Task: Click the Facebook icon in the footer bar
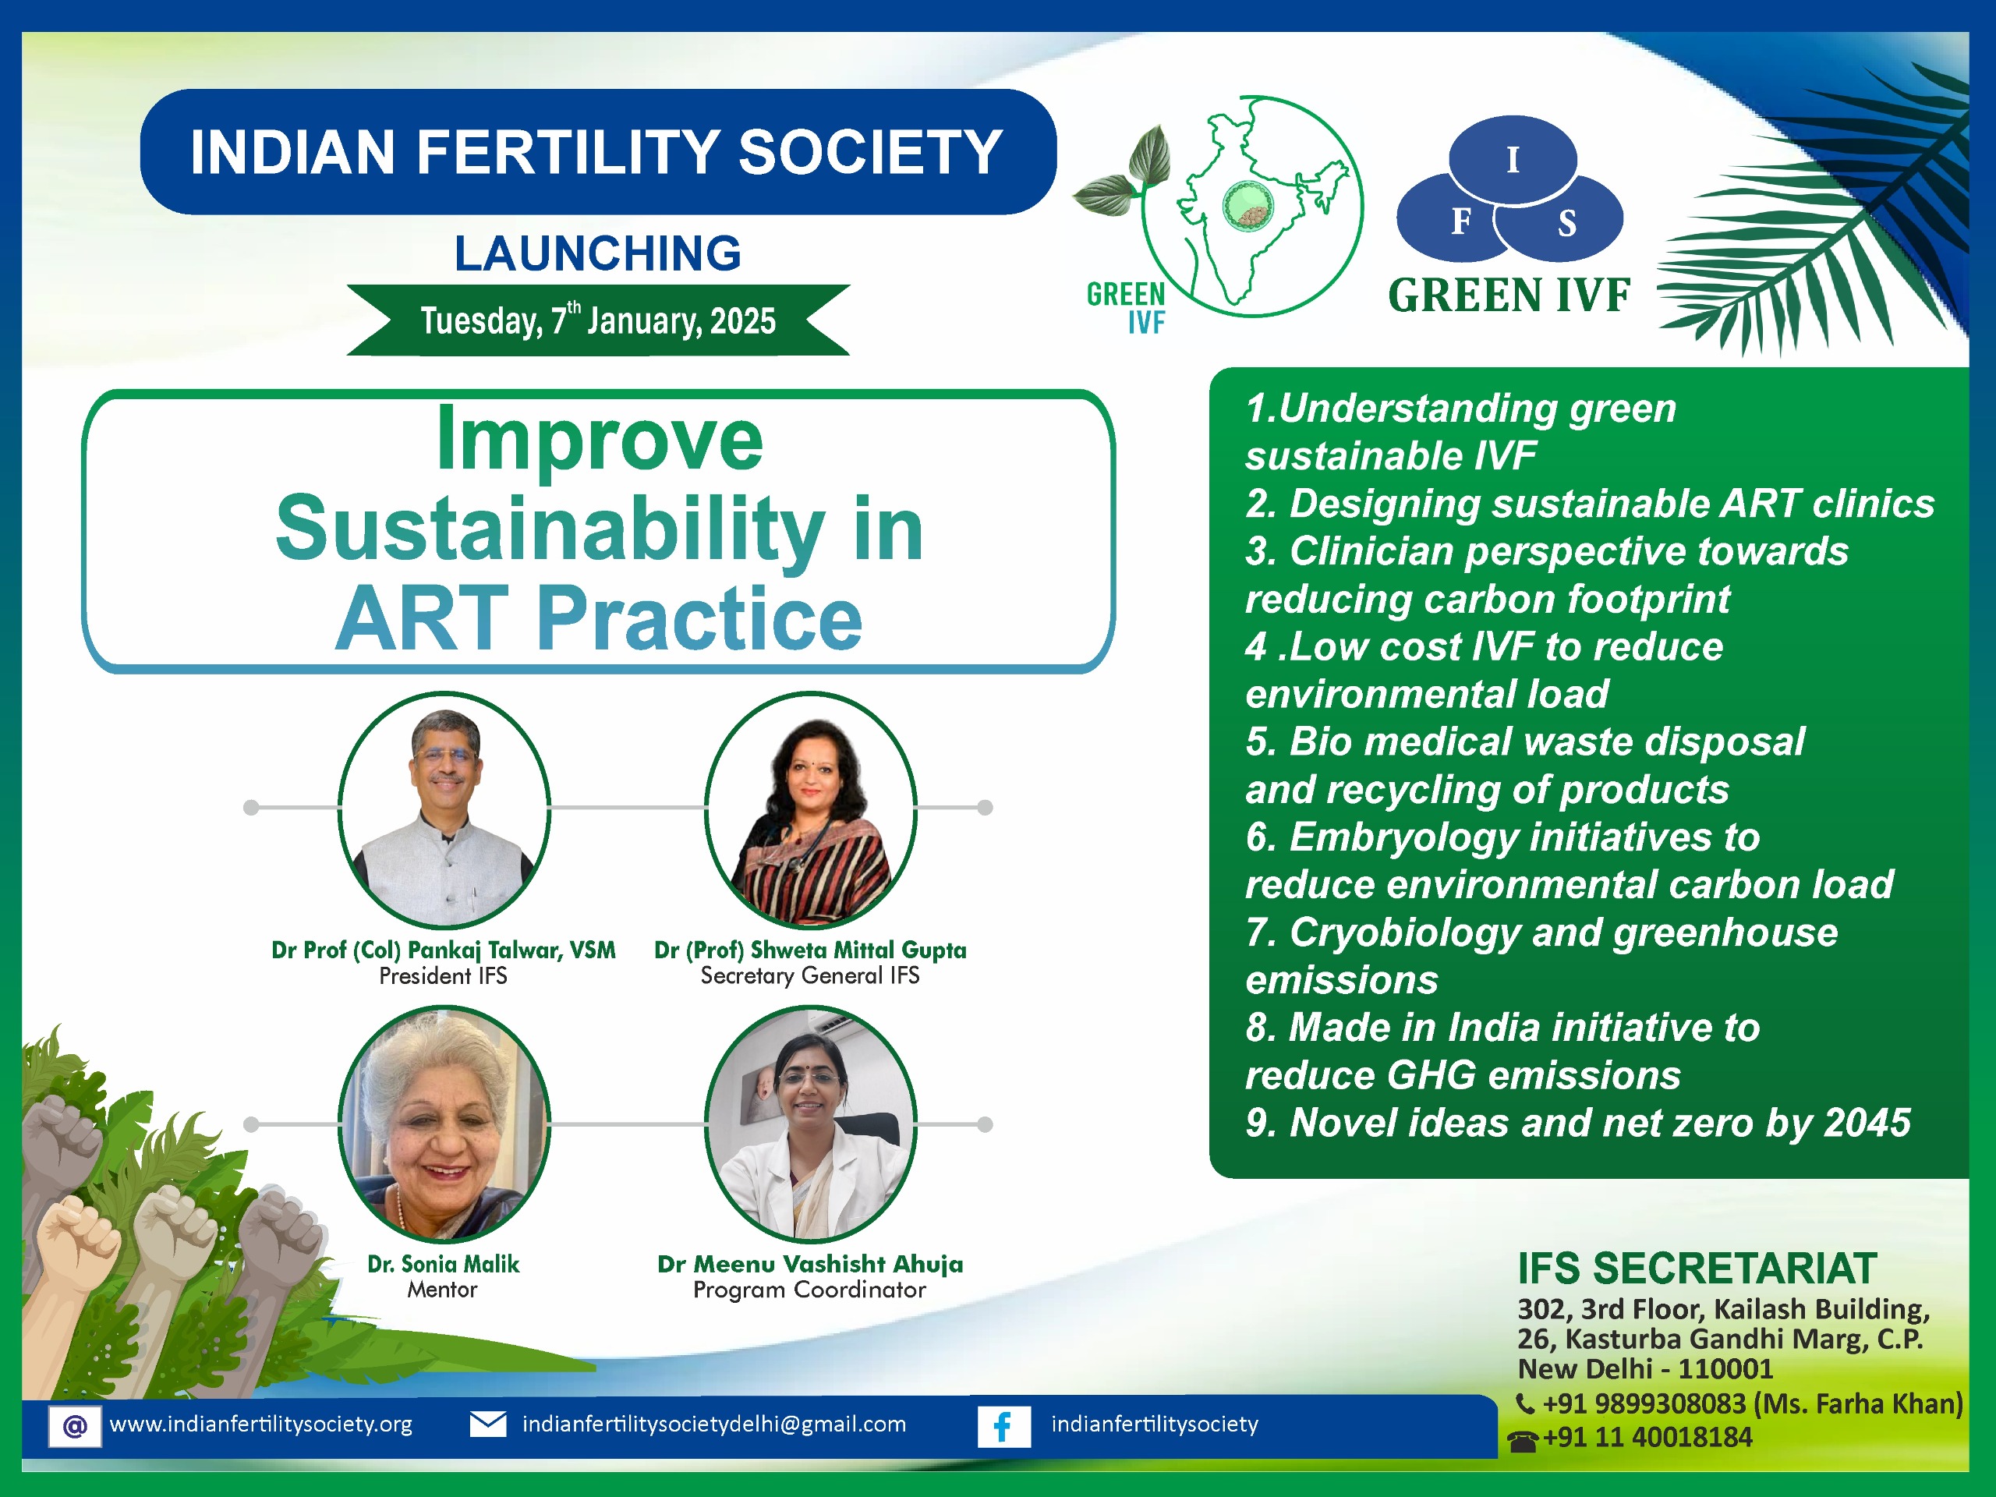1003,1427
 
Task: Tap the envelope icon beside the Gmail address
488,1424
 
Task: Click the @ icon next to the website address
75,1427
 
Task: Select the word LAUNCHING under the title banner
597,253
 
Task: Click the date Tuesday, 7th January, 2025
597,320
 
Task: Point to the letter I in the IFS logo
1513,161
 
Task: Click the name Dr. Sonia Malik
443,1263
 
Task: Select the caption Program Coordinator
809,1290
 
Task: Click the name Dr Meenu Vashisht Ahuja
810,1263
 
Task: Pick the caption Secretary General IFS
810,975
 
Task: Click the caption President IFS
443,975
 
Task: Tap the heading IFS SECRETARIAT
1697,1269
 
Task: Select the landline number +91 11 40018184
1647,1438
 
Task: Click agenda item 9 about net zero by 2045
1578,1123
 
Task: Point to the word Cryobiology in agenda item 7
1406,933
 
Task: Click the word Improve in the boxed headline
599,441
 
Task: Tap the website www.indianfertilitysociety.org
260,1424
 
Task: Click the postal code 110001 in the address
1726,1369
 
